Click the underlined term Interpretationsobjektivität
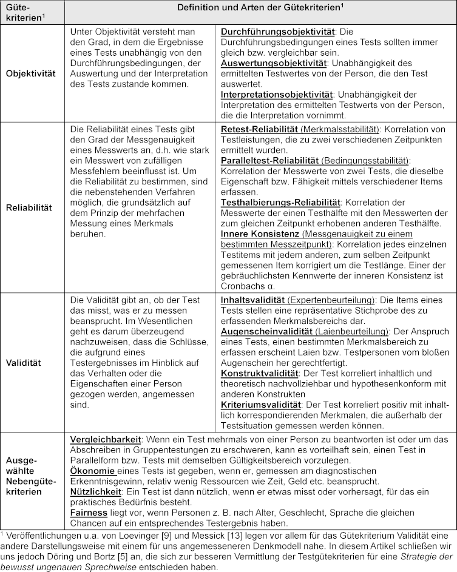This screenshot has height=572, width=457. pos(277,95)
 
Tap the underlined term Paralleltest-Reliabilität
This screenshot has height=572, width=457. pos(269,161)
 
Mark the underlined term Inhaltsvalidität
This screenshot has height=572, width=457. pos(253,300)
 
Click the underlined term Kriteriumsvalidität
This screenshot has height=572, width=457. pos(261,403)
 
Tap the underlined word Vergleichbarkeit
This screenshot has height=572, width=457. pos(106,439)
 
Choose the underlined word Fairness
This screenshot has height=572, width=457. pos(90,513)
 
